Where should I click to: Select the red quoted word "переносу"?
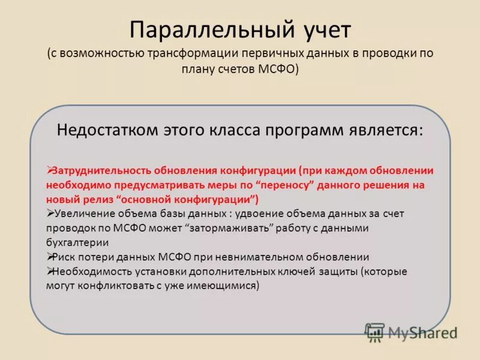point(284,185)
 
